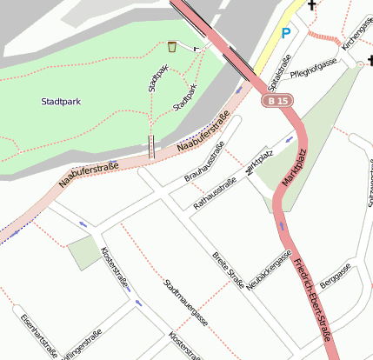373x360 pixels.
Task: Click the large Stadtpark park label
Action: [61, 102]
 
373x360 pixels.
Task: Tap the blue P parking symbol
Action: [286, 34]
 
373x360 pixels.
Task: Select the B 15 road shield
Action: [276, 102]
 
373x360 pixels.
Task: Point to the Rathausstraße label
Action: [214, 194]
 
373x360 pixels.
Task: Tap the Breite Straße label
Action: [228, 269]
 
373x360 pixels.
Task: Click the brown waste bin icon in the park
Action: [173, 46]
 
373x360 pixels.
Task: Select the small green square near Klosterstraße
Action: [84, 252]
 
